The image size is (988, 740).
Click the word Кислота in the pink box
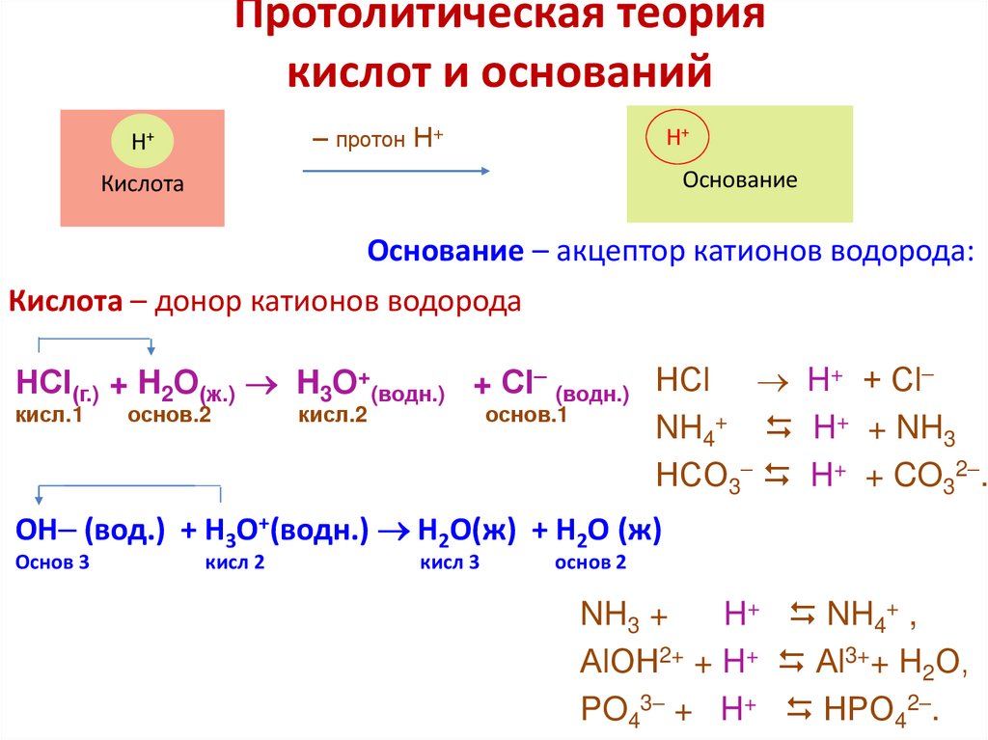click(143, 183)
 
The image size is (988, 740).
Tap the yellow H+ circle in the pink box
click(143, 141)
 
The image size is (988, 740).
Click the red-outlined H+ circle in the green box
click(677, 137)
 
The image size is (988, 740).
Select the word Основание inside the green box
click(740, 179)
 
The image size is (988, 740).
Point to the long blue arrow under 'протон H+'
click(397, 171)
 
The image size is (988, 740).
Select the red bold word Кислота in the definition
click(66, 302)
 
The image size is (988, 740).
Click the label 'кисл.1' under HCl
click(49, 415)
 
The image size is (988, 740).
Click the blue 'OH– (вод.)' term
click(91, 531)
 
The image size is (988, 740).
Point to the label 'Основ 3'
click(52, 562)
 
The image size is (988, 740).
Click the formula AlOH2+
click(632, 662)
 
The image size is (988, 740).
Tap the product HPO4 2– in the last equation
click(877, 710)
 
